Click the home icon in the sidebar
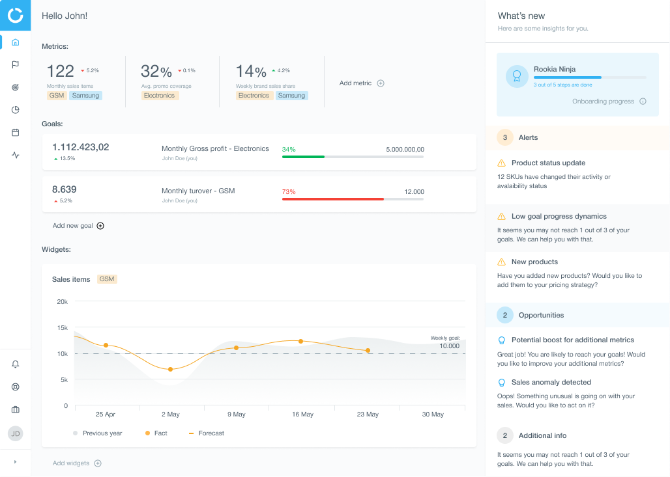[16, 42]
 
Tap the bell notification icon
[16, 364]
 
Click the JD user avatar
[16, 433]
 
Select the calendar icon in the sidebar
[16, 132]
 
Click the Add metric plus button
[381, 83]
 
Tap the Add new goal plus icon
[100, 226]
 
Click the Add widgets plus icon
[98, 463]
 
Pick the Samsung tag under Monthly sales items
[85, 96]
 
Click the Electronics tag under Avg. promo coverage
[160, 96]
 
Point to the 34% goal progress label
[288, 149]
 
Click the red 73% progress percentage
[289, 191]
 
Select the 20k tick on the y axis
[63, 301]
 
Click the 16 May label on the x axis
[302, 415]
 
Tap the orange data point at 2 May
[171, 369]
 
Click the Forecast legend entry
[207, 433]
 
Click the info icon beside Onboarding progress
[643, 102]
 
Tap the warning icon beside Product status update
[501, 163]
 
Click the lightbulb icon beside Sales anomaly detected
[501, 383]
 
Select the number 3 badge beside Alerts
[504, 137]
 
